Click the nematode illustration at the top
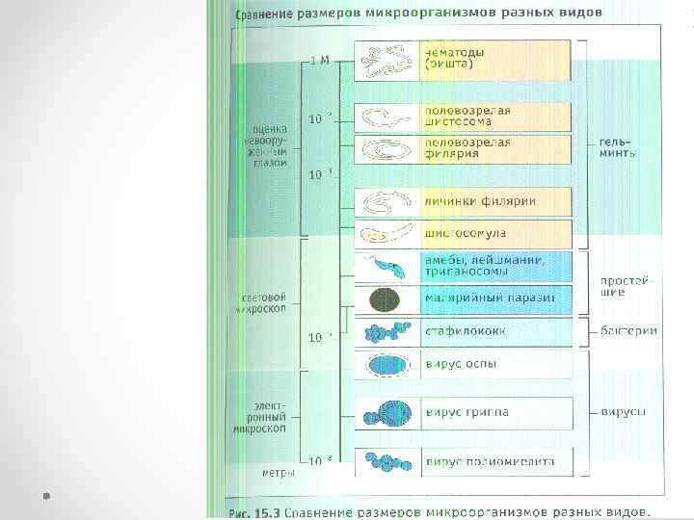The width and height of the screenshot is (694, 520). tap(386, 61)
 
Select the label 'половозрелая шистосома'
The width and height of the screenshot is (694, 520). tap(467, 117)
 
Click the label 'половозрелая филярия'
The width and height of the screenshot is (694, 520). tap(467, 147)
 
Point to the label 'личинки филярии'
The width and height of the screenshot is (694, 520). tap(480, 202)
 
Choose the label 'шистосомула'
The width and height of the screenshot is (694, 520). tap(465, 233)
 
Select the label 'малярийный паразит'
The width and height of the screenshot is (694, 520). tap(490, 298)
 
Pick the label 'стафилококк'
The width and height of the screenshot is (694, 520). tap(466, 331)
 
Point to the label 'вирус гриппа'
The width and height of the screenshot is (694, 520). tap(467, 412)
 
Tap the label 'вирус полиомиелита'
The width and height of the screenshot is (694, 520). tap(490, 462)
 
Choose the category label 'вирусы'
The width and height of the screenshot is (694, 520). tap(624, 412)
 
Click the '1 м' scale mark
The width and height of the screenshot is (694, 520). tap(319, 60)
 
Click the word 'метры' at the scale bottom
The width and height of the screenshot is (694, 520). tap(279, 473)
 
